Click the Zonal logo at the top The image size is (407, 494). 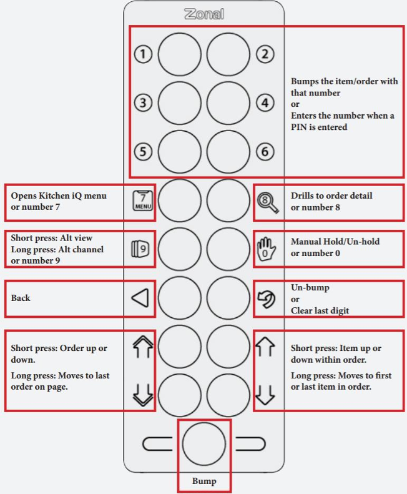[203, 14]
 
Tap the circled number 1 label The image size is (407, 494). [144, 55]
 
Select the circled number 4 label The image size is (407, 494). [265, 102]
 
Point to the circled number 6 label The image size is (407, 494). [265, 151]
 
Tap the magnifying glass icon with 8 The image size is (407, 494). [265, 201]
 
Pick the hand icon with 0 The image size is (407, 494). [265, 249]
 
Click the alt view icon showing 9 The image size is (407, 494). [142, 249]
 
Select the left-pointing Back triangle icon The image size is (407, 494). [140, 298]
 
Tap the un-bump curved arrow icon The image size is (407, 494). [265, 298]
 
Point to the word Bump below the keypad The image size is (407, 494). [204, 482]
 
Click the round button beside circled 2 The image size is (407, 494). [228, 55]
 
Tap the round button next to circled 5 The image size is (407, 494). [180, 151]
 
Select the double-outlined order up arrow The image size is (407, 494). [143, 346]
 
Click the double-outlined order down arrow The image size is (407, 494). [143, 395]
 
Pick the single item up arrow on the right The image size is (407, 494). [265, 346]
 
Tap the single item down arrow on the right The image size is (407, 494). [265, 395]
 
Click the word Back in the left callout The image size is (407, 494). [21, 298]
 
